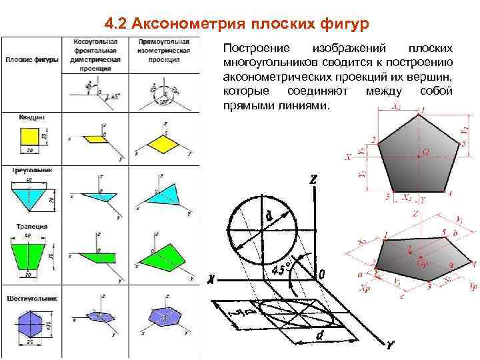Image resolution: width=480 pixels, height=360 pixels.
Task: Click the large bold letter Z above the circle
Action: tap(313, 181)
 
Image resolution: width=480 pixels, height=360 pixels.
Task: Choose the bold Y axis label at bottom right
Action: tap(391, 346)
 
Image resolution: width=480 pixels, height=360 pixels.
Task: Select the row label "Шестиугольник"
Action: tap(32, 298)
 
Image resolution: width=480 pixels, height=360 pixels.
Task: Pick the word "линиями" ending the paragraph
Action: tap(310, 106)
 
